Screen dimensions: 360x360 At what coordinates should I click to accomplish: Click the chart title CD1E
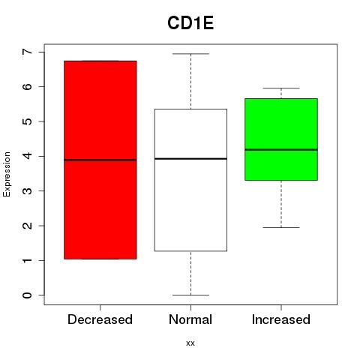[x=190, y=23]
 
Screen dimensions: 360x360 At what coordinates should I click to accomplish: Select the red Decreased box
[x=100, y=160]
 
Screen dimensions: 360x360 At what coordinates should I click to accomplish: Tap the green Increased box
[x=281, y=139]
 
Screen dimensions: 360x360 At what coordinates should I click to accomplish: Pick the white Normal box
[x=190, y=180]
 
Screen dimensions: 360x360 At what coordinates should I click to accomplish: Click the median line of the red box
[x=100, y=160]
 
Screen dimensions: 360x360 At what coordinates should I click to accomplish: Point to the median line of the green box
[x=281, y=149]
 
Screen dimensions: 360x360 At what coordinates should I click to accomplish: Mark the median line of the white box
[x=190, y=159]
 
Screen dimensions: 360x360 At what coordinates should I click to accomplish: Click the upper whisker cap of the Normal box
[x=190, y=54]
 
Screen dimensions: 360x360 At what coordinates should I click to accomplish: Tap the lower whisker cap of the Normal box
[x=190, y=295]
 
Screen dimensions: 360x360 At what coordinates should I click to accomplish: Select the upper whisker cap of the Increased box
[x=281, y=88]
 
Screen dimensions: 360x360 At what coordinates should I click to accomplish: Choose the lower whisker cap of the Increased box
[x=281, y=227]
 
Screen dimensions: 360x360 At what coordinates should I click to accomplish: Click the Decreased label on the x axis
[x=100, y=319]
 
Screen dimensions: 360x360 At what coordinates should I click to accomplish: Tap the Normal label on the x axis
[x=190, y=319]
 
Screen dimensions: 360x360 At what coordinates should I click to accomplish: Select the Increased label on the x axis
[x=281, y=319]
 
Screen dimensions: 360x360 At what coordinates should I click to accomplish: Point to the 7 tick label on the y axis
[x=28, y=52]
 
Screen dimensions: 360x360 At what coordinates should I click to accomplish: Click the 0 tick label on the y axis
[x=28, y=295]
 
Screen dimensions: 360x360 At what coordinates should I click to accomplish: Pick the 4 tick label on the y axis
[x=28, y=156]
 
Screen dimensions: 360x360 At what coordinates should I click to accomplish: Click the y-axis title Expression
[x=7, y=174]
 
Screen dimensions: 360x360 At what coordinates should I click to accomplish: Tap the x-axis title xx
[x=190, y=343]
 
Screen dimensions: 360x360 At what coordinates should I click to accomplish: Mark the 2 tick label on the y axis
[x=28, y=226]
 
